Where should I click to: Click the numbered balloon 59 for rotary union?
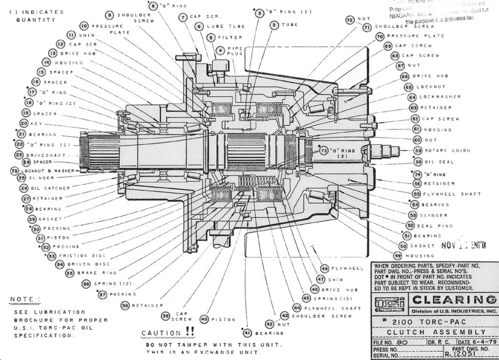418,151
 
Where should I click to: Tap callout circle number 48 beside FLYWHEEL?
325,268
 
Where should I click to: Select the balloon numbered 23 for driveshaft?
19,155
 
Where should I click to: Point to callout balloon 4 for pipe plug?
221,50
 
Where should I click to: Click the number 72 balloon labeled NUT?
349,20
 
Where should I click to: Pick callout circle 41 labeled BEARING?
248,333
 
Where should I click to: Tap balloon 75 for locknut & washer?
14,171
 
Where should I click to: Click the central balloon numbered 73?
324,152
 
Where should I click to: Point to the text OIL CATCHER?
51,188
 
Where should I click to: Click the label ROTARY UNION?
447,151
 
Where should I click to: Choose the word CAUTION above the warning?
160,333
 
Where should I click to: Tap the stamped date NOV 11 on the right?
463,245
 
